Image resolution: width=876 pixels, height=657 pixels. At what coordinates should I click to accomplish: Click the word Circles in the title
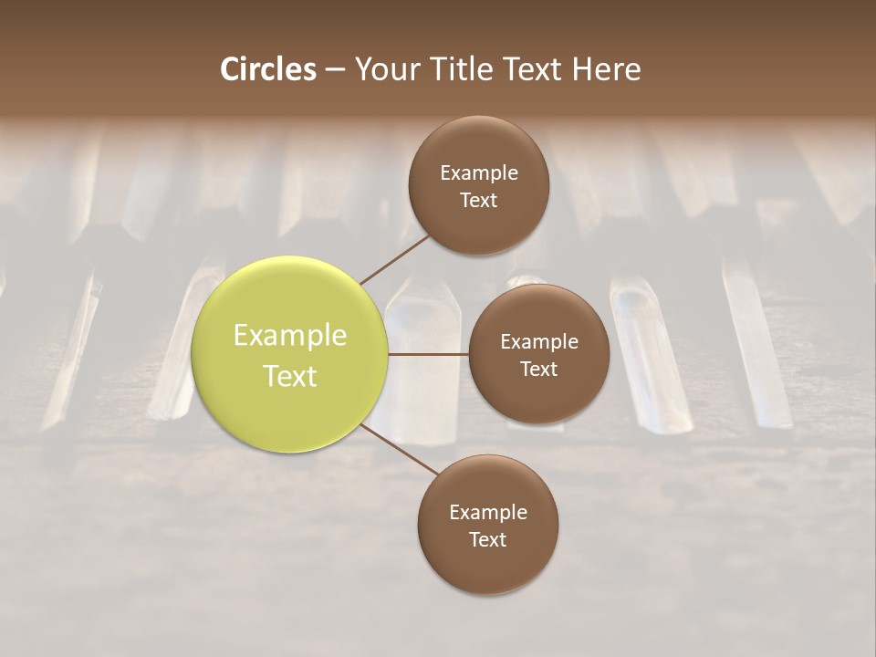268,69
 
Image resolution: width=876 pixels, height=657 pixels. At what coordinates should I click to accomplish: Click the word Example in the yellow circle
290,336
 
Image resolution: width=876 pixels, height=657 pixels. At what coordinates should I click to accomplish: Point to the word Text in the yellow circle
290,375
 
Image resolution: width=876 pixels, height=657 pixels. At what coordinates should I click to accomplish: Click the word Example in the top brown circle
479,172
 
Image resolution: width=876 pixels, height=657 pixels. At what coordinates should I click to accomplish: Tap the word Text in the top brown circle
479,200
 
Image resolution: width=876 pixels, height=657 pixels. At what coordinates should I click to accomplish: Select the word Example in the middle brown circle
538,341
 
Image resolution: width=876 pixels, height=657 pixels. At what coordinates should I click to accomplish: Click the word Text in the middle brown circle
538,369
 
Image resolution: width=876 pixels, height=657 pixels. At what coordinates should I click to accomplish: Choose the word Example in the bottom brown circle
487,512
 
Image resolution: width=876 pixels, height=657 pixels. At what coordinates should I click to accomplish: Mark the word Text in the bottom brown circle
487,539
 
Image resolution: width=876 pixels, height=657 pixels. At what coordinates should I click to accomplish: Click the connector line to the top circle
395,259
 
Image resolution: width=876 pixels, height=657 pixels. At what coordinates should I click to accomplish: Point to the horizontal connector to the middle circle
428,354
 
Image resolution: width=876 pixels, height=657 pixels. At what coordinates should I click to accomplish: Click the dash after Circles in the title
335,69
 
